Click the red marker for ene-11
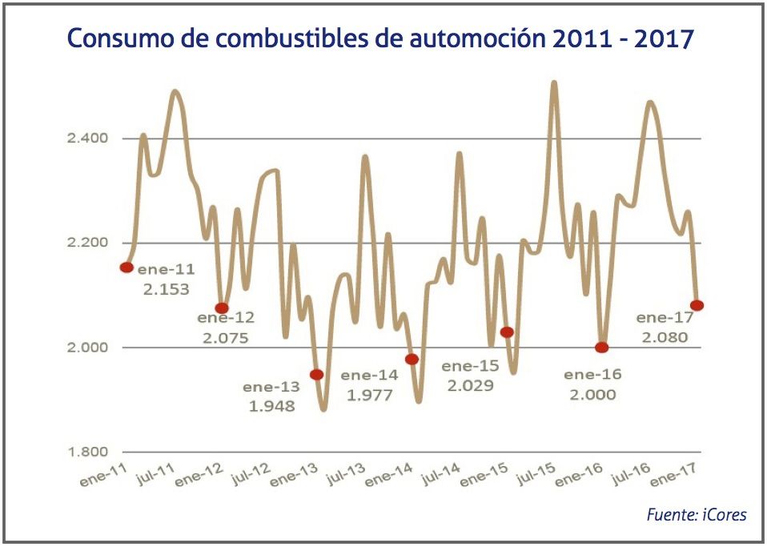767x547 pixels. coord(126,267)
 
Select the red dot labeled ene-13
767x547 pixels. coord(317,374)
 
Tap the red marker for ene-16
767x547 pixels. coord(602,348)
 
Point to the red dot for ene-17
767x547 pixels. coord(697,305)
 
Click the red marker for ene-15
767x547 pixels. coord(507,332)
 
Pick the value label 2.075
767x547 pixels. coord(225,338)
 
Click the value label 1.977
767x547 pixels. coord(369,395)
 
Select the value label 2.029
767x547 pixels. coord(470,385)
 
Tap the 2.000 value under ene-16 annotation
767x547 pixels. coord(592,394)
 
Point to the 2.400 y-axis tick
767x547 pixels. coord(88,139)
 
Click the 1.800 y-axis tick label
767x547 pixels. coord(88,452)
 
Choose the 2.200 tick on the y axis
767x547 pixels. coord(88,243)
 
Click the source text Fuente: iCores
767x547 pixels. coord(696,514)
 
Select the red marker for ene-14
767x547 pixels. coord(412,359)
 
